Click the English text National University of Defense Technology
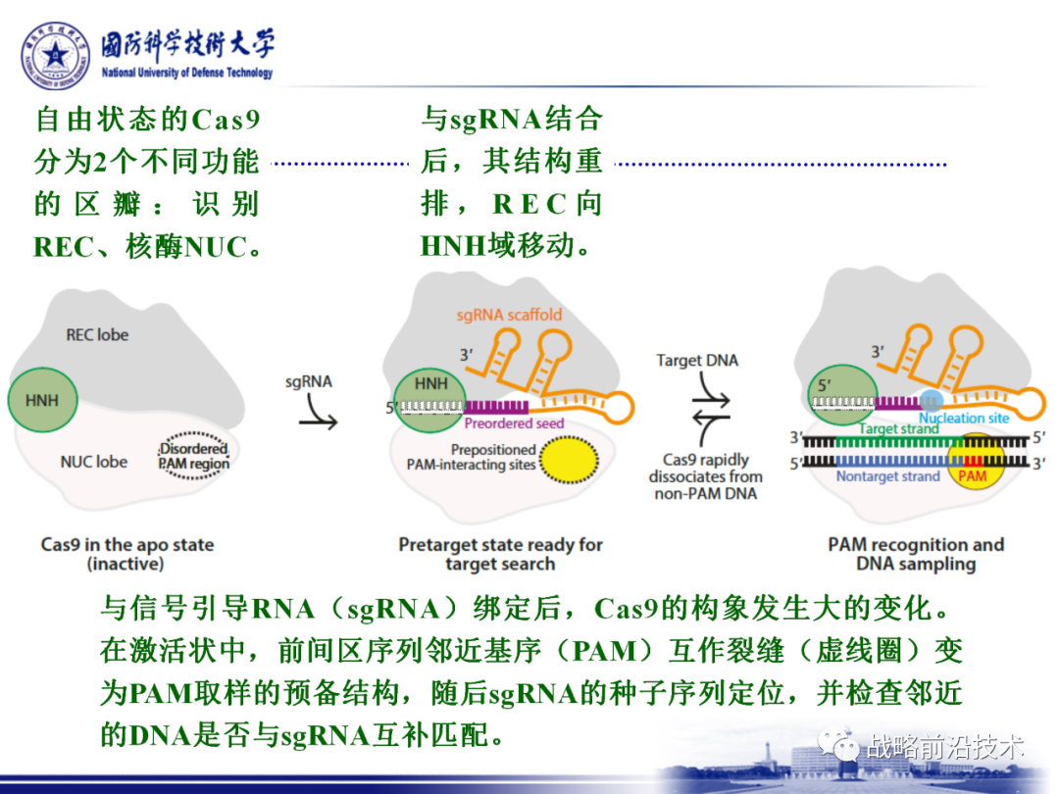[187, 74]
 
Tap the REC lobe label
[97, 334]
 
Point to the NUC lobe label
[94, 461]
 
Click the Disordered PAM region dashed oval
[194, 456]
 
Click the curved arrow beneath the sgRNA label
[316, 412]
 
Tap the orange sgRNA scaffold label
[509, 315]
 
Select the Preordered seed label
[513, 423]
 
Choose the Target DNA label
[697, 361]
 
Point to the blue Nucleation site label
[964, 419]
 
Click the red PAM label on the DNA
[973, 476]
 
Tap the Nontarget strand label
[887, 476]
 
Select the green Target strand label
[899, 428]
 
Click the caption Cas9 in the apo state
[127, 554]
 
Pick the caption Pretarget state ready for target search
[500, 554]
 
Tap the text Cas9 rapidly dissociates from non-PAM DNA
[705, 475]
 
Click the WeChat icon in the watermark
[844, 747]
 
